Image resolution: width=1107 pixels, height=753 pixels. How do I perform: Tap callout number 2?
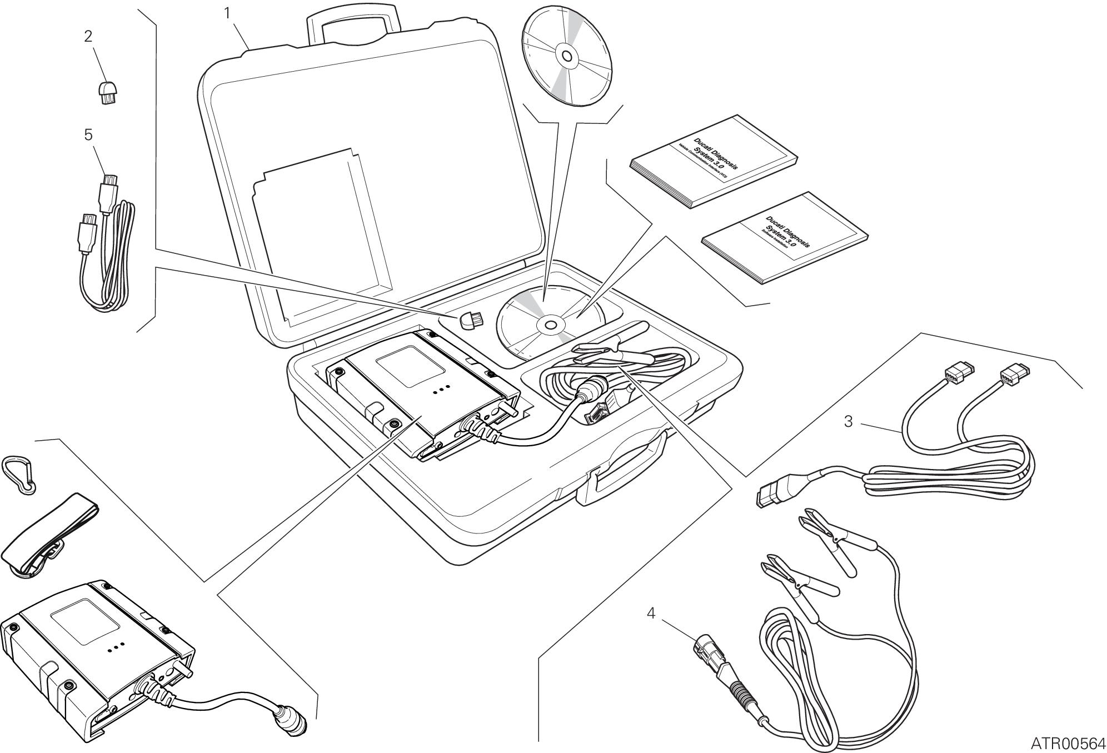coord(88,36)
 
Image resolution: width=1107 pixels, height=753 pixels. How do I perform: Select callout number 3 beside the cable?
coord(848,422)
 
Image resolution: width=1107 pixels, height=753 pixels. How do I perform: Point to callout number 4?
coord(651,614)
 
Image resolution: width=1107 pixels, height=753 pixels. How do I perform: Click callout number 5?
coord(88,135)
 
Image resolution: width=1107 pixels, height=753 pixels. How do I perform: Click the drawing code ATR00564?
coord(1068,743)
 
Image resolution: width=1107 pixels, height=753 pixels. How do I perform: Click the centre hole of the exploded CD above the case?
coord(566,56)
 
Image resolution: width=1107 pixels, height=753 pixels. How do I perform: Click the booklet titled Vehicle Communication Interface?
coord(714,161)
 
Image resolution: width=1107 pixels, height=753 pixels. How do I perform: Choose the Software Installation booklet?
coord(785,238)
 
